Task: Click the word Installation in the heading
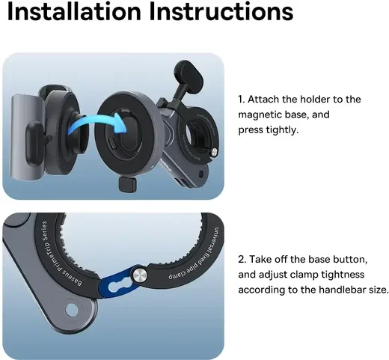[74, 12]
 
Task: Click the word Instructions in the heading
[221, 12]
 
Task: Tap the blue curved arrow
[97, 125]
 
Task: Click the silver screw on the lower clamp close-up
[140, 275]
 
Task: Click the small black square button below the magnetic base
[127, 184]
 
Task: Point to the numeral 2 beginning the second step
[242, 260]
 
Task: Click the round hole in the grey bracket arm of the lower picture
[72, 310]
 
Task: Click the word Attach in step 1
[263, 100]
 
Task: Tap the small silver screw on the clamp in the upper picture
[214, 151]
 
